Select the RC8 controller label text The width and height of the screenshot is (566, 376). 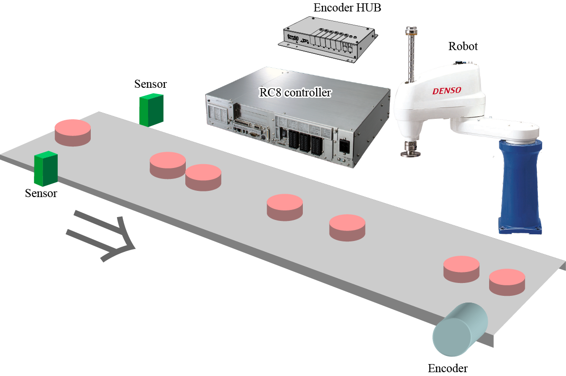[295, 93]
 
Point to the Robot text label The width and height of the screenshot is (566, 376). [463, 46]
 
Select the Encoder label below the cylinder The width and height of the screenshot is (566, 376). [448, 368]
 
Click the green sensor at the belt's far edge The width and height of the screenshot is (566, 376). [151, 110]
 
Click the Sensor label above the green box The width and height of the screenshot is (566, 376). [150, 84]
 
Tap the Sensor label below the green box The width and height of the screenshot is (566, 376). [41, 193]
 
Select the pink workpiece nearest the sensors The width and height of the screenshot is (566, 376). [73, 132]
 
